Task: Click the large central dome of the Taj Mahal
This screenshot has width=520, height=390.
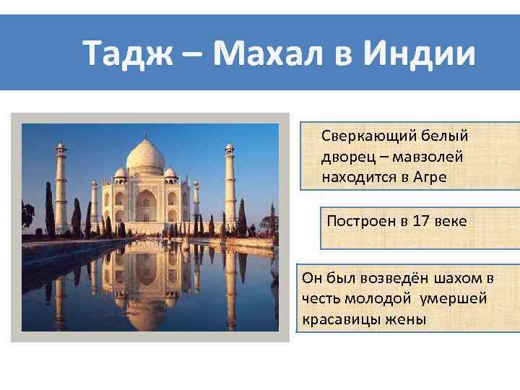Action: click(x=147, y=157)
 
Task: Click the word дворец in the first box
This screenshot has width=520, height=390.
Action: click(x=344, y=156)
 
